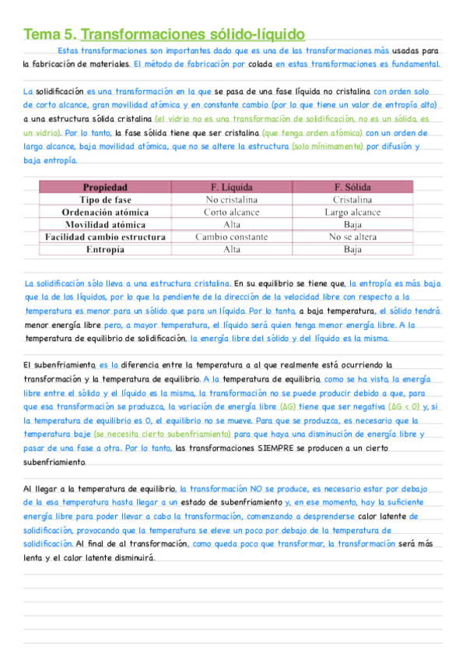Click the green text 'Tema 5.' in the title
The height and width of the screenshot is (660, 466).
tap(50, 34)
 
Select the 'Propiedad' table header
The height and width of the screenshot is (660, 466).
tap(105, 188)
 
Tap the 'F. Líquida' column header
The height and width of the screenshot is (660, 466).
tap(232, 188)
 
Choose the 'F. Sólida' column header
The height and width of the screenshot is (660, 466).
tap(352, 188)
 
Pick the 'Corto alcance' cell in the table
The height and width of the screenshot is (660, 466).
tap(232, 212)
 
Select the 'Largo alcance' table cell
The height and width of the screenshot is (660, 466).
tap(352, 212)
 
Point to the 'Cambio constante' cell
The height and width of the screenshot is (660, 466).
tap(232, 237)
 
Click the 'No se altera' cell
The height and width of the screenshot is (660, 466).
tap(352, 237)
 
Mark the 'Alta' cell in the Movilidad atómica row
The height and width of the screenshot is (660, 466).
tap(232, 225)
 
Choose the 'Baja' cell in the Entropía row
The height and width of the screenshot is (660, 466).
tap(352, 250)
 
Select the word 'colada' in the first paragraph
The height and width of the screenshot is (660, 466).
tap(259, 65)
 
